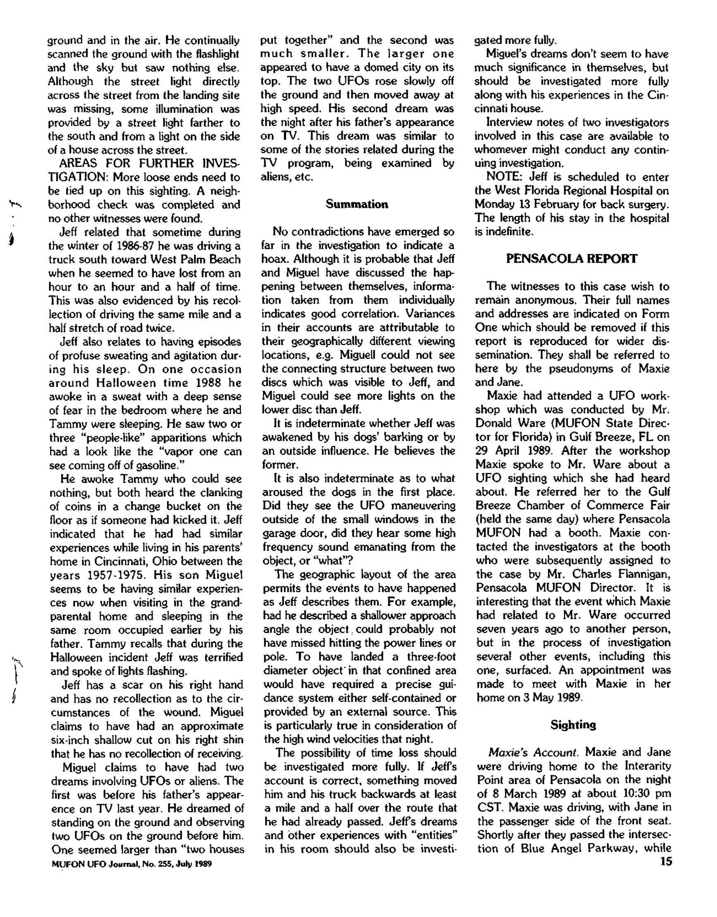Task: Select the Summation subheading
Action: coord(357,204)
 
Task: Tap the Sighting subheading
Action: coord(573,725)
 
